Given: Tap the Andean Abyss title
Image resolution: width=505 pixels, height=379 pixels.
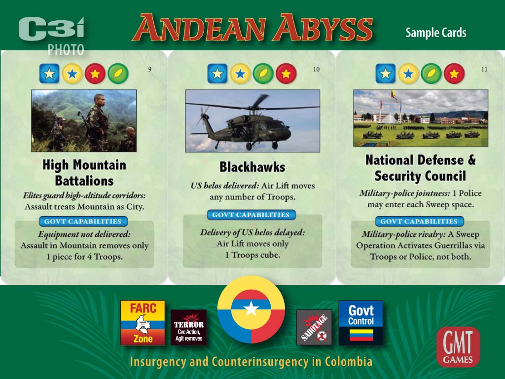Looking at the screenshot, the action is click(252, 28).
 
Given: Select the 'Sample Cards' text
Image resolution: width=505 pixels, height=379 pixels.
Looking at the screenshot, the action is click(436, 33).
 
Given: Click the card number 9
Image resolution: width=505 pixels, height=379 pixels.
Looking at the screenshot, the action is click(150, 69).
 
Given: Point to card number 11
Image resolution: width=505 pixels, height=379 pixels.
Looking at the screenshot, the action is click(484, 69).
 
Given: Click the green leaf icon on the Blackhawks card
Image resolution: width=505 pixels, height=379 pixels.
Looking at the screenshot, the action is click(263, 74).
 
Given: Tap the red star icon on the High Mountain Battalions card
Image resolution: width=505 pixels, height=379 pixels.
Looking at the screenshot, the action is click(95, 74).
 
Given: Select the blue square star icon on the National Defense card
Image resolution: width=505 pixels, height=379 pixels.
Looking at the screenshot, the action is click(386, 74).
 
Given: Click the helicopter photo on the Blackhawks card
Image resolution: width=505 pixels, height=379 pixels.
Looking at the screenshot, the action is click(252, 121).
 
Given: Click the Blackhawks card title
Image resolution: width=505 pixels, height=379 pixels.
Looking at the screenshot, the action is click(252, 167).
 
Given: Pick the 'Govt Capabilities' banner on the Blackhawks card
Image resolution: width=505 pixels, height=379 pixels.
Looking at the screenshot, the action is click(251, 215).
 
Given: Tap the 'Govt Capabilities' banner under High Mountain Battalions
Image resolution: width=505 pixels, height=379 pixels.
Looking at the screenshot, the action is click(83, 222).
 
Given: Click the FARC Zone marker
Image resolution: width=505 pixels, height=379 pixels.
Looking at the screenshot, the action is click(143, 323).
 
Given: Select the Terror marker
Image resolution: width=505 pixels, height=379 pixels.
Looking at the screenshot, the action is click(189, 328).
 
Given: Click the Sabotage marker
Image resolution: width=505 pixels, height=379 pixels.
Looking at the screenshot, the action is click(314, 328).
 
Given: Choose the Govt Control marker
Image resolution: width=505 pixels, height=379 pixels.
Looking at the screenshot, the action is click(361, 323).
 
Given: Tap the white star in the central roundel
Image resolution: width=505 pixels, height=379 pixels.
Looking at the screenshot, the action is click(251, 309).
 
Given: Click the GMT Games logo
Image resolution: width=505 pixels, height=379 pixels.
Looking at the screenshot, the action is click(458, 347).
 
